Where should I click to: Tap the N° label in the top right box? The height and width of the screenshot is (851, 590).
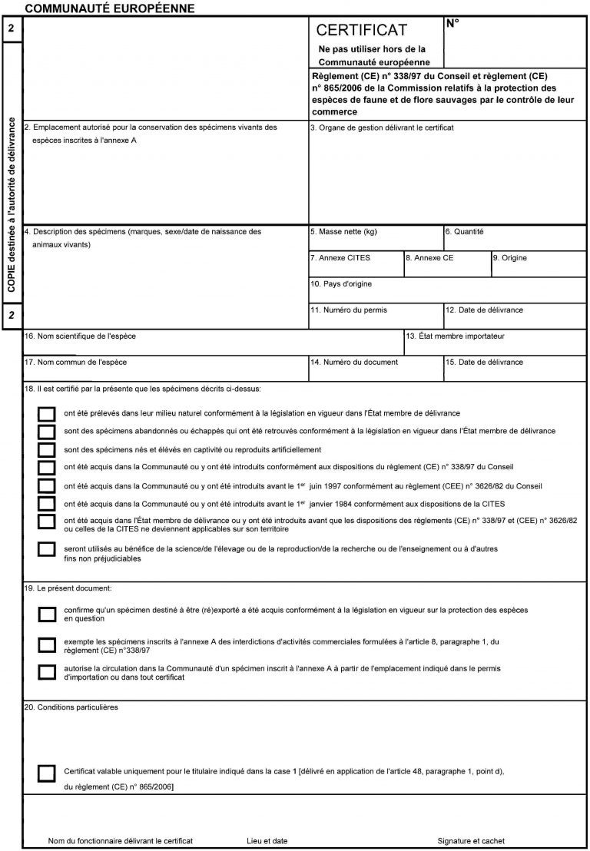pos(452,23)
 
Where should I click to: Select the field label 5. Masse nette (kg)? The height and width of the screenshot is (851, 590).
pos(343,231)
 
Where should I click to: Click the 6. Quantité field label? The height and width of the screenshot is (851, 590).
pos(465,231)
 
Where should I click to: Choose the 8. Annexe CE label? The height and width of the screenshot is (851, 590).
pos(429,258)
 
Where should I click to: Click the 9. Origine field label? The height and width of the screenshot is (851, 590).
pos(510,258)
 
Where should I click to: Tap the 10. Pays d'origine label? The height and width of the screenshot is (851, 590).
pos(341,284)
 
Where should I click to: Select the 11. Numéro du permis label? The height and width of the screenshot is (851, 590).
pos(349,310)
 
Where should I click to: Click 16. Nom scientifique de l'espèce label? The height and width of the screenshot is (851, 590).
pos(81,336)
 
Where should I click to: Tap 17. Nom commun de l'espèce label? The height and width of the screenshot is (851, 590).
pos(76,362)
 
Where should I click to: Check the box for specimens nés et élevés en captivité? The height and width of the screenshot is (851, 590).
pos(47,449)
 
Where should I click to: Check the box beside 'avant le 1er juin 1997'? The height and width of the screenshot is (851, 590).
pos(47,485)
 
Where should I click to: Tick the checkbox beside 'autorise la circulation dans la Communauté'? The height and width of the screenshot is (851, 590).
pos(47,672)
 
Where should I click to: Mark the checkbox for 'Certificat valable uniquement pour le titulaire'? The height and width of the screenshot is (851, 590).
pos(47,773)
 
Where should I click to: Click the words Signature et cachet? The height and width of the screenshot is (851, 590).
pos(471,841)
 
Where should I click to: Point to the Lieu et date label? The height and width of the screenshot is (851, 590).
pos(267,841)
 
